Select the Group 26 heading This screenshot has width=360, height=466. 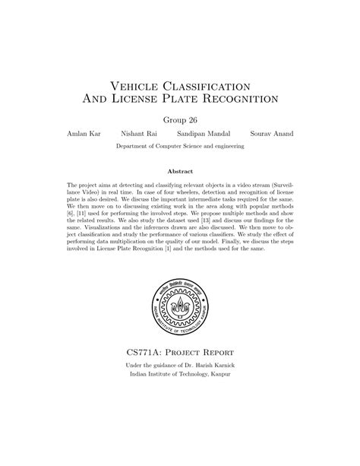point(180,119)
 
